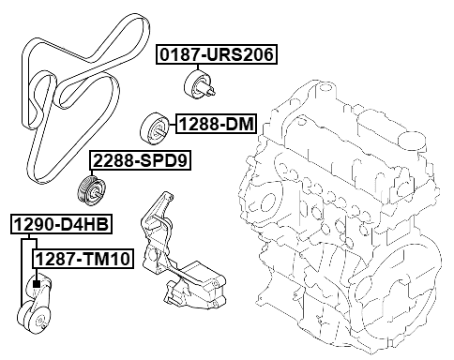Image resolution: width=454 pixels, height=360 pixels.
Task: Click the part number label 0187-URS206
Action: click(216, 55)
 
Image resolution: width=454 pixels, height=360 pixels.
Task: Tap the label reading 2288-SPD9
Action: click(140, 161)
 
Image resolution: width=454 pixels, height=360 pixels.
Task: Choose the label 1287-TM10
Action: click(83, 258)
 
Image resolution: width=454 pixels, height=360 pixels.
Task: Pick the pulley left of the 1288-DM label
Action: click(152, 126)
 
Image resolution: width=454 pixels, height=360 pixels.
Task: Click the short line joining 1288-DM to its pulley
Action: click(171, 124)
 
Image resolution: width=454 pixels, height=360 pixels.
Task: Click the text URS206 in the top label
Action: click(236, 55)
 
